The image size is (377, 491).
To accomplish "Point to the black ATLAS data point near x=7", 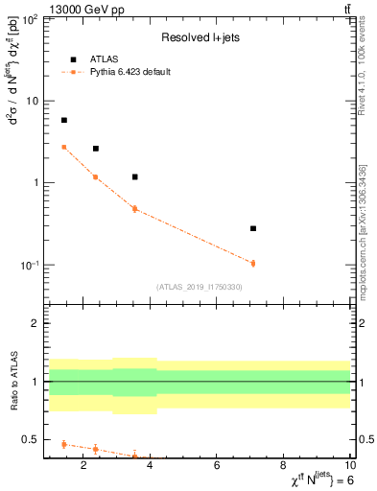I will (253, 228).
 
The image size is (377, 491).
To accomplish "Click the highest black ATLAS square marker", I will (64, 120).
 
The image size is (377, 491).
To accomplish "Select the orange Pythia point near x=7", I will (253, 263).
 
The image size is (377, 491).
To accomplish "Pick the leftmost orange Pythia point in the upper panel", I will (64, 147).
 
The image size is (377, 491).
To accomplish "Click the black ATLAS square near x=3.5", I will (134, 176).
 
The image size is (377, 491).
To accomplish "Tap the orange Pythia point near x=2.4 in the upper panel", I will (96, 176).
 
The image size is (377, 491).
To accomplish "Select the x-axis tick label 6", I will (217, 467).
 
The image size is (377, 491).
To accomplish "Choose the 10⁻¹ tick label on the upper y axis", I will (27, 265).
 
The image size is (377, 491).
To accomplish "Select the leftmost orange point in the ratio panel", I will (64, 444).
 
